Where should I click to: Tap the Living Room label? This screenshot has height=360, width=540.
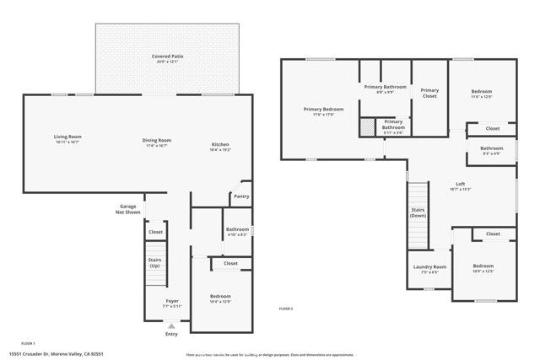coord(67,137)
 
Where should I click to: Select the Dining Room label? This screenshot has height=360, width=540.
coord(158,140)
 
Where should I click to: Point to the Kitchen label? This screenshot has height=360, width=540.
coord(220,144)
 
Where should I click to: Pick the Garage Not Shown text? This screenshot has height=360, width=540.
coord(127,209)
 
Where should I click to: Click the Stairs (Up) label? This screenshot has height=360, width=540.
coord(154,262)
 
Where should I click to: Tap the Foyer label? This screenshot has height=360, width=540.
coord(172,300)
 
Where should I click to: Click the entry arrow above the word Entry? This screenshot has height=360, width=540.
coord(172,325)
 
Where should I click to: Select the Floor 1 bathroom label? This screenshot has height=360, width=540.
coord(237,229)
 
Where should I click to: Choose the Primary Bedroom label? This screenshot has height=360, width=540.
coord(323,109)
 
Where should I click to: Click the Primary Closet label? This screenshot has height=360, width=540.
coord(429,93)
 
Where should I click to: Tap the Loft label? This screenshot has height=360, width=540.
coord(460,184)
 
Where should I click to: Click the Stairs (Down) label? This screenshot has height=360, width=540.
coord(417,212)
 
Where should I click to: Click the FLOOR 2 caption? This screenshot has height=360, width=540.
coord(286,309)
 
